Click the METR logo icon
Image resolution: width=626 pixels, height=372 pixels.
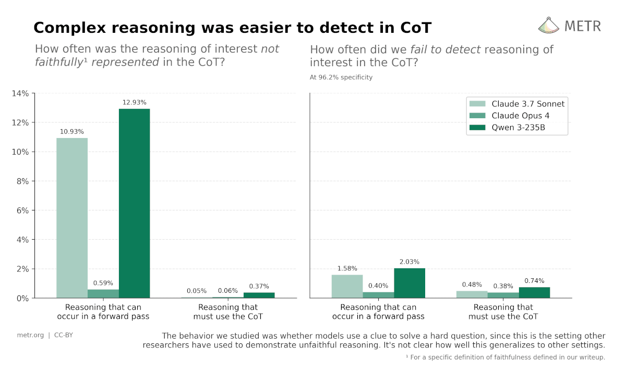[548, 25]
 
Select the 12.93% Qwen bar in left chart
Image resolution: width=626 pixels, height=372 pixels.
[134, 203]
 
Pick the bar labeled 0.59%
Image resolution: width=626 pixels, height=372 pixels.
[103, 294]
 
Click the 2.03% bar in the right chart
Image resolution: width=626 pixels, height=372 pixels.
[410, 283]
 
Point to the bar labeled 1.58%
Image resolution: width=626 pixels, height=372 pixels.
[347, 287]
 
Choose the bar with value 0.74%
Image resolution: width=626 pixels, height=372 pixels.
[534, 293]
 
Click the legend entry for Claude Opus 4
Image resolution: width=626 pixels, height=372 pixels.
[520, 116]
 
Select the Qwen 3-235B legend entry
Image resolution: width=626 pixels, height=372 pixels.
[518, 128]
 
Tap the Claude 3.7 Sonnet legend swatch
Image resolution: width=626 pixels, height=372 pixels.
[477, 104]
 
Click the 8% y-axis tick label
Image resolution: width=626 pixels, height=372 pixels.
[22, 181]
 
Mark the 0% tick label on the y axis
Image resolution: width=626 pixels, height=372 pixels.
[22, 299]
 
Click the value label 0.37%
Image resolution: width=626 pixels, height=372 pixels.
[259, 286]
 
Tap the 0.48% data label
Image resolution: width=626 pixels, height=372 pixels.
[472, 284]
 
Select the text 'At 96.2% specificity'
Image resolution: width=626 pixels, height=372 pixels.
[341, 77]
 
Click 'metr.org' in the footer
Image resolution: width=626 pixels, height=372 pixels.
[30, 335]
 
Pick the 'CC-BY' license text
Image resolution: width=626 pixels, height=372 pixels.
[64, 335]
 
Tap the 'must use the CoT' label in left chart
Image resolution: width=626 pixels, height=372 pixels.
[228, 316]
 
